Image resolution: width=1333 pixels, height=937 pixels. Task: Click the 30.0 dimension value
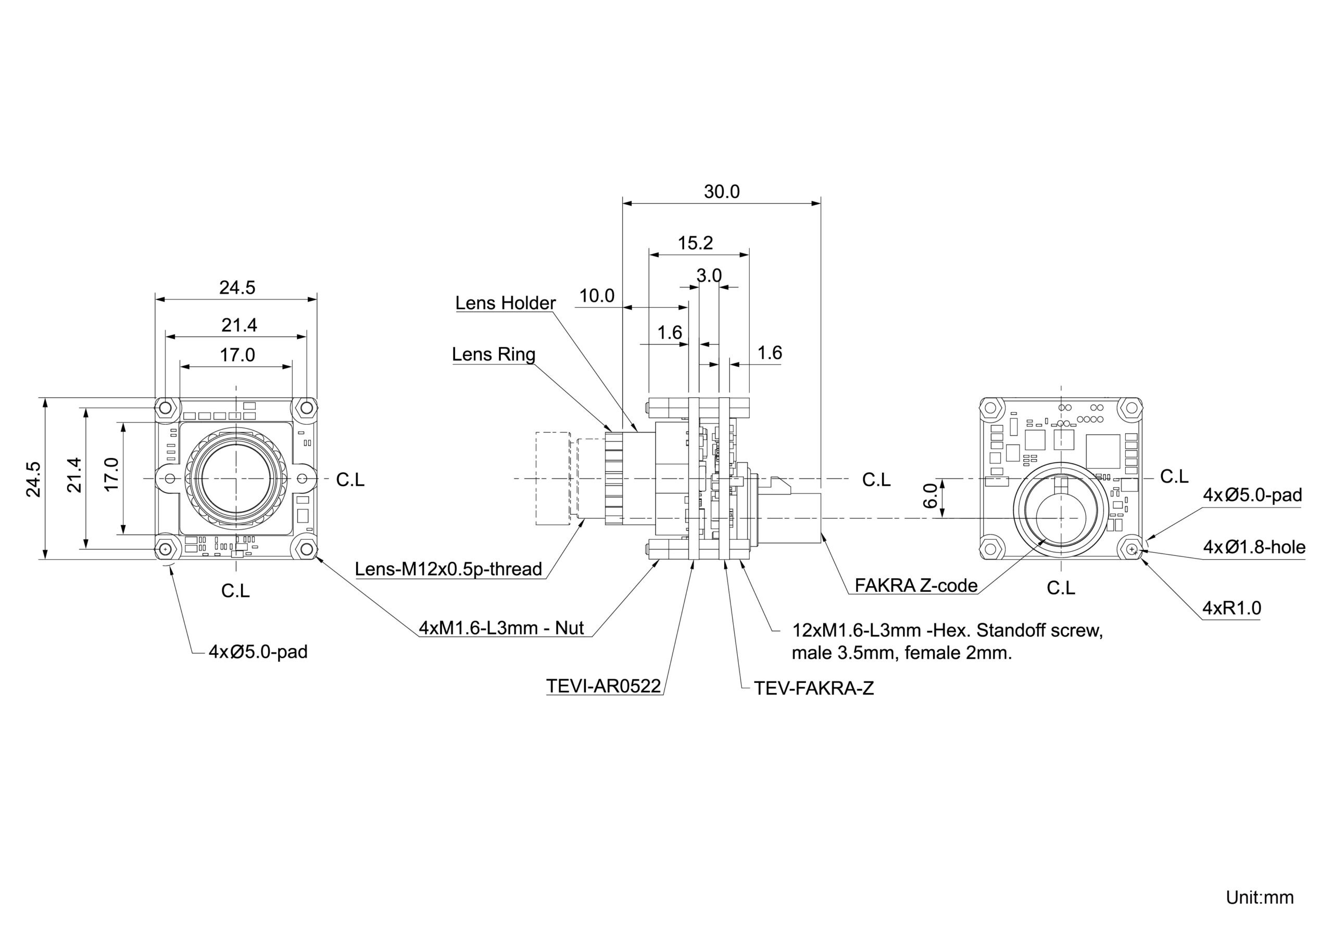point(721,192)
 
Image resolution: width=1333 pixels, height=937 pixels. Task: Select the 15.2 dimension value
point(695,243)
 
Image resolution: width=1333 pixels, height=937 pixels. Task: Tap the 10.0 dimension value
point(596,296)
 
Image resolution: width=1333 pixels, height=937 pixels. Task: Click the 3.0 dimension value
point(708,275)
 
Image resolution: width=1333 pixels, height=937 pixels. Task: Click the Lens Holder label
point(505,302)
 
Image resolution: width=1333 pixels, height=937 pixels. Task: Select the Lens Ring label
point(494,354)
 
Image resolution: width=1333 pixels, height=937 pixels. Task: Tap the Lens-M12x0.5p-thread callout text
point(448,569)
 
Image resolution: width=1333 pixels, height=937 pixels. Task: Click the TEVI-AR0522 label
point(603,686)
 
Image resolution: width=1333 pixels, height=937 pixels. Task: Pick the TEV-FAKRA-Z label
point(813,688)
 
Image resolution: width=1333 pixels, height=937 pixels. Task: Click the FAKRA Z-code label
point(916,585)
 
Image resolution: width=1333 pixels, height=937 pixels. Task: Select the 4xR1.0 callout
point(1231,608)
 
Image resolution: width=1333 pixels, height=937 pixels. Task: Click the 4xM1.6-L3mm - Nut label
point(501,628)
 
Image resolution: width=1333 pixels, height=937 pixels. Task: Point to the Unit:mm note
point(1259,897)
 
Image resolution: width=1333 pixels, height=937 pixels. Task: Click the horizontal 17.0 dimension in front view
point(237,354)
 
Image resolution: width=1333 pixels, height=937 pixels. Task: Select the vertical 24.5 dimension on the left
point(34,479)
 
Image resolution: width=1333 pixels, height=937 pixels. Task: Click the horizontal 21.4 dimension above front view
point(238,325)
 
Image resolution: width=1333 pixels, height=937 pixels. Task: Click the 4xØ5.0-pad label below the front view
point(258,651)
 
